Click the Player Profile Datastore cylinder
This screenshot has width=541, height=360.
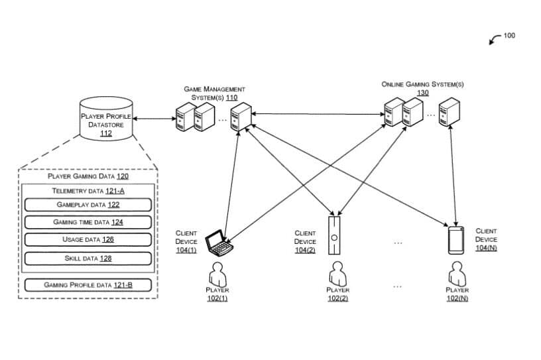[x=106, y=119]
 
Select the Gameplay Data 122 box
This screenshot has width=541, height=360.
[x=88, y=205]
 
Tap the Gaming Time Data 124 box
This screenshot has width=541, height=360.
[x=88, y=222]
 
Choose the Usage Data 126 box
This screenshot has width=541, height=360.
[x=88, y=239]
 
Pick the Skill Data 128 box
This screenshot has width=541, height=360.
[x=88, y=259]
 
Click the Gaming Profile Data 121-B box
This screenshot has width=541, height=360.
[x=88, y=285]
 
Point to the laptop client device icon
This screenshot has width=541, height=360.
[x=219, y=243]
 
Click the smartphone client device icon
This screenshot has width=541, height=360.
[x=455, y=240]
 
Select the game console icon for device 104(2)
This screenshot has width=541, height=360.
[x=334, y=235]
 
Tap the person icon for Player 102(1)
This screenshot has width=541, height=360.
[x=217, y=274]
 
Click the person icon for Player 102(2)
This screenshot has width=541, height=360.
[x=337, y=274]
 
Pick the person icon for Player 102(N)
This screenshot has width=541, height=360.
[x=457, y=274]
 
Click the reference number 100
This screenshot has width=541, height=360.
[x=509, y=36]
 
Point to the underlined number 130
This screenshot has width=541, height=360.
[x=423, y=93]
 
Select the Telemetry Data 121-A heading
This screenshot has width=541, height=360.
[x=88, y=191]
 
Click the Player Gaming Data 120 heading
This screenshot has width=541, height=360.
[x=88, y=176]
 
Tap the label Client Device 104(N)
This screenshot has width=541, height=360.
[x=486, y=239]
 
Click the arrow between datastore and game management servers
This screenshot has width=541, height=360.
[x=154, y=119]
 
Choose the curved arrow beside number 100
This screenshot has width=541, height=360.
[x=495, y=39]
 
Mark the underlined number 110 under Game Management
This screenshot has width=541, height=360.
[x=231, y=97]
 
